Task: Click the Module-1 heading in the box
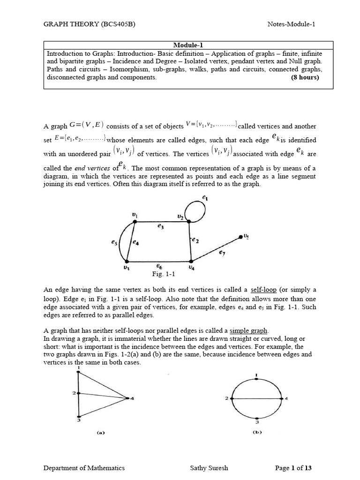[x=188, y=44]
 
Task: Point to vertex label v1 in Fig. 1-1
[x=135, y=215]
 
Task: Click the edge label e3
[x=161, y=226]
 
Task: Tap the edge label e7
[x=222, y=253]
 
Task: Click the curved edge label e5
[x=114, y=243]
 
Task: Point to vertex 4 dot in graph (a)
[x=127, y=398]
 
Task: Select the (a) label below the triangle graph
[x=100, y=433]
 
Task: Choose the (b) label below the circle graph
[x=257, y=432]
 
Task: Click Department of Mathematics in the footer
[x=84, y=467]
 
